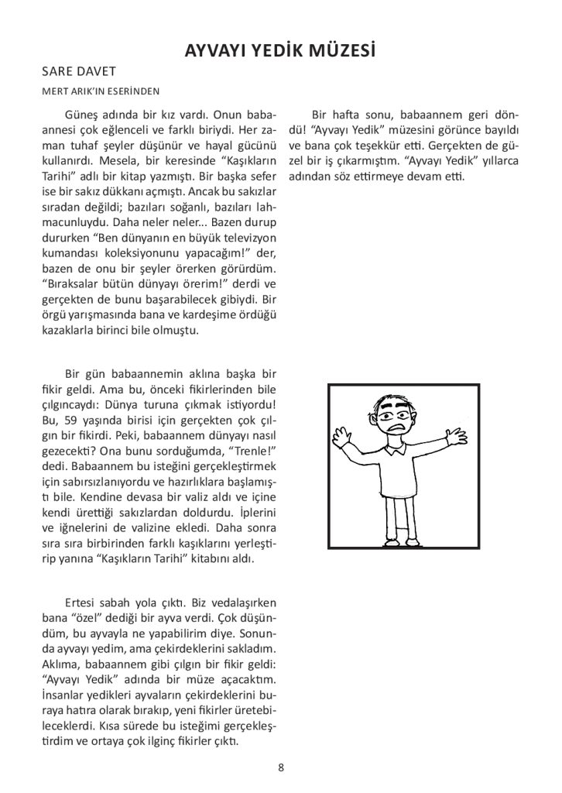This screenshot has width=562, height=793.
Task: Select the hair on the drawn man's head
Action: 393,397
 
